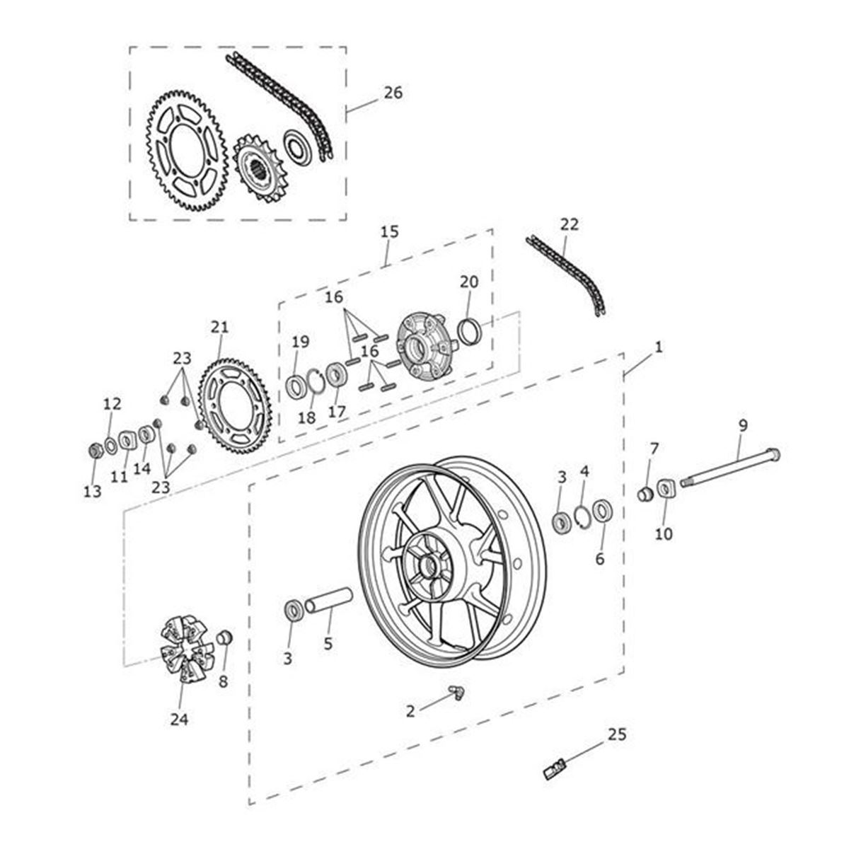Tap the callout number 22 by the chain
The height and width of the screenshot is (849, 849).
[x=569, y=224]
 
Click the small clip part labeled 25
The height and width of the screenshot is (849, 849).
[x=556, y=767]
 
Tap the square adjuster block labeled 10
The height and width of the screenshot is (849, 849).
[x=665, y=489]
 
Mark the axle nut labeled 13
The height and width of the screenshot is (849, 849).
[x=93, y=451]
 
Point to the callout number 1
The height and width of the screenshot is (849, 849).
[x=659, y=347]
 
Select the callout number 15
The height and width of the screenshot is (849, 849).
[x=389, y=231]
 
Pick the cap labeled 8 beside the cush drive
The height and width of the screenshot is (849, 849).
[x=224, y=638]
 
